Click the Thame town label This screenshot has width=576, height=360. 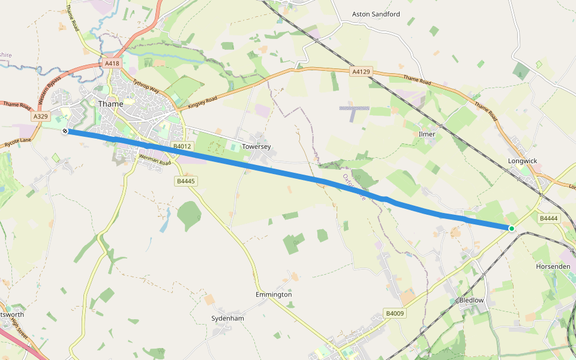coord(110,104)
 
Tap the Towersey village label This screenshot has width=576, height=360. coord(258,146)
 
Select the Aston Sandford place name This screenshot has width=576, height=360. coord(376,14)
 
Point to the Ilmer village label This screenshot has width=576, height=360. coord(427,134)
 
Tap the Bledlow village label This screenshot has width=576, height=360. coord(471,300)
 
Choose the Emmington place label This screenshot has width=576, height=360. coord(273,295)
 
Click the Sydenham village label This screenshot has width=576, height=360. coord(227,319)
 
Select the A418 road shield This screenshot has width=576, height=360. coord(112,63)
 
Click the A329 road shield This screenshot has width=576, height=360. coord(41,116)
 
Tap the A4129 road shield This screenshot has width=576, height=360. coord(361,71)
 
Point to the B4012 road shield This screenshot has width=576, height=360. coord(182,146)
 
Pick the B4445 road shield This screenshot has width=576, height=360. coord(186,181)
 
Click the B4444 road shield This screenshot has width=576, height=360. coord(548,219)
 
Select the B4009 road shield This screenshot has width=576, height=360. coord(395,313)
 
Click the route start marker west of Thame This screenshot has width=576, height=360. coord(65,130)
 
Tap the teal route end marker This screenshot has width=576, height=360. coord(512,228)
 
